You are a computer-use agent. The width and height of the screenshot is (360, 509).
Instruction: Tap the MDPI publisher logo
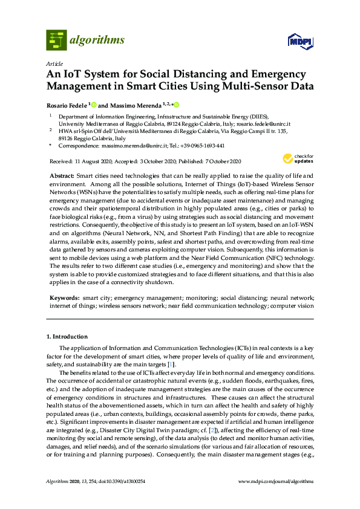point(300,41)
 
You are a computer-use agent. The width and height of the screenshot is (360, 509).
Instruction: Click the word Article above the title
point(54,63)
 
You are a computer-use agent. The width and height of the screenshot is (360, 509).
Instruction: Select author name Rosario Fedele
point(67,105)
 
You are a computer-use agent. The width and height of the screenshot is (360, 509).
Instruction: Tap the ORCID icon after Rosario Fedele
point(94,105)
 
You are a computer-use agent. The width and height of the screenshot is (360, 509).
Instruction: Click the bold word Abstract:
point(62,174)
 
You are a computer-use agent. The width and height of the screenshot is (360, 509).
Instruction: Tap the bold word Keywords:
point(64,299)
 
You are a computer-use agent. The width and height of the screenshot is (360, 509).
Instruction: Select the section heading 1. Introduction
point(67,336)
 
